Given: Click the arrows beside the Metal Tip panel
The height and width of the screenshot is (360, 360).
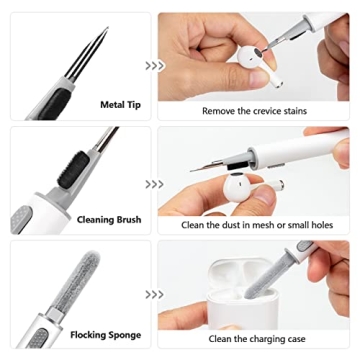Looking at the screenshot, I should (x=155, y=65).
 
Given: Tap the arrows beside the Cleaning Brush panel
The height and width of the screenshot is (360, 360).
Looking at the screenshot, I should (x=155, y=184).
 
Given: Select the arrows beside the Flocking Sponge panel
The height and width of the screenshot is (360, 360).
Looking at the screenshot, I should (x=155, y=296).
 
